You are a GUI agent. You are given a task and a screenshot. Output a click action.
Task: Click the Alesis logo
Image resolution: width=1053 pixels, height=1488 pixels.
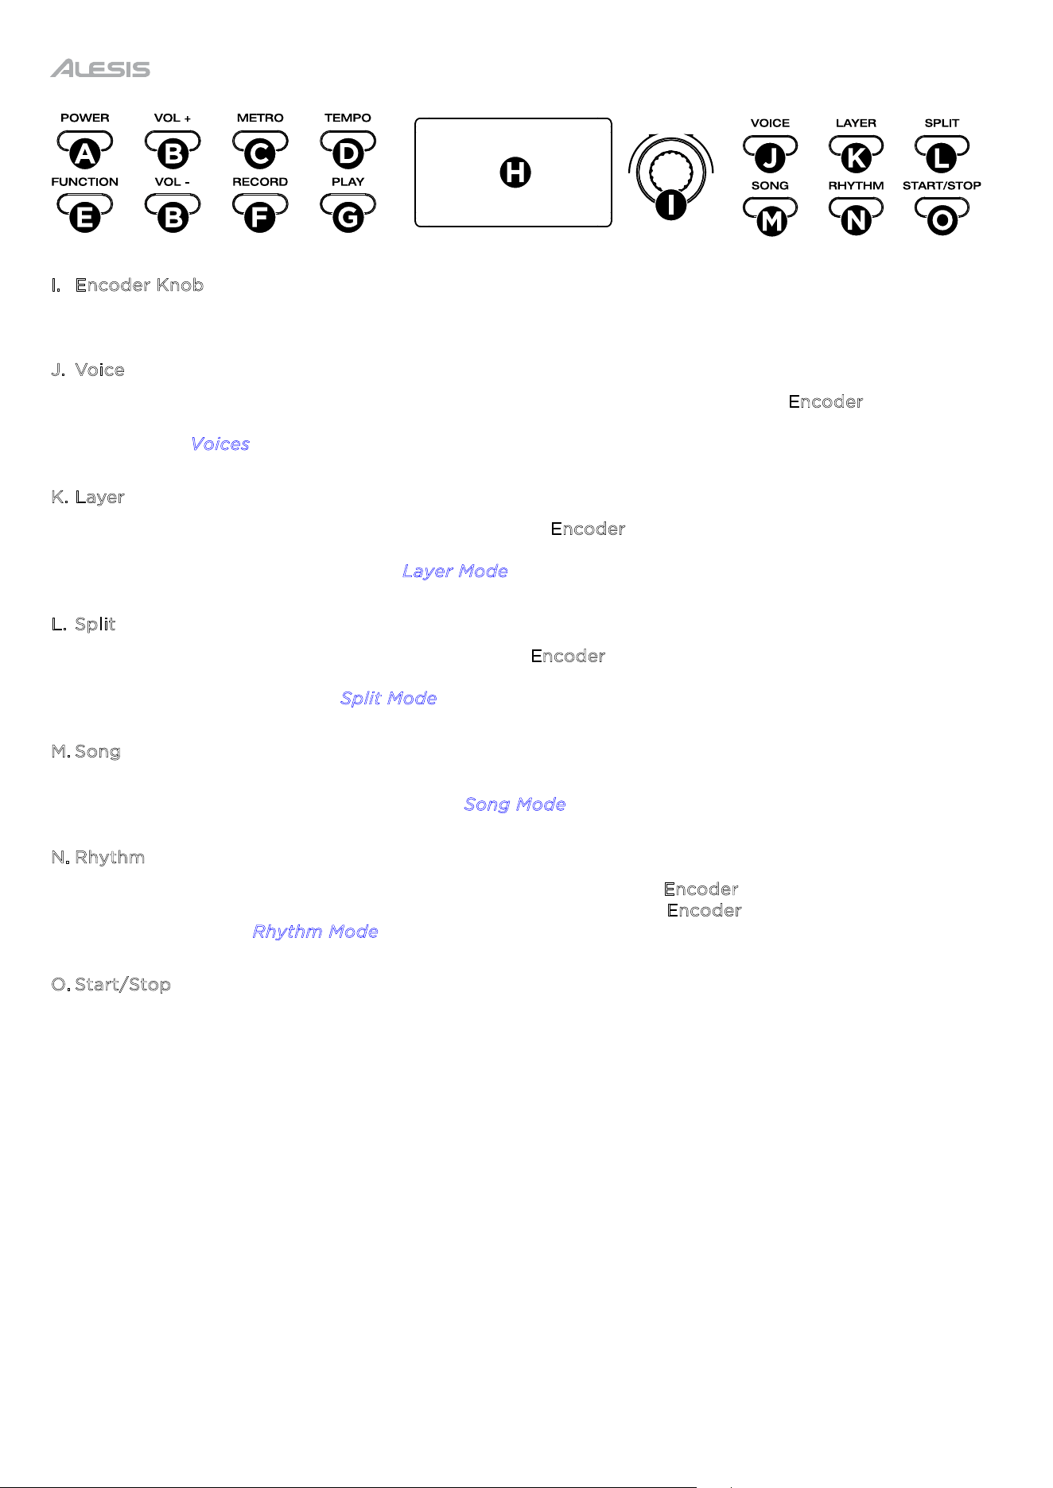[x=100, y=69]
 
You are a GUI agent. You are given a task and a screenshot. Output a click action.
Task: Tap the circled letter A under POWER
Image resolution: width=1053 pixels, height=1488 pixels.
[x=85, y=153]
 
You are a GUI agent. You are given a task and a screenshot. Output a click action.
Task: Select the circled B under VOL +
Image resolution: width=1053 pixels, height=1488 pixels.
[x=173, y=153]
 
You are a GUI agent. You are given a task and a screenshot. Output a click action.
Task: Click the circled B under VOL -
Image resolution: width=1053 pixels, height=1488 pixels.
[x=173, y=217]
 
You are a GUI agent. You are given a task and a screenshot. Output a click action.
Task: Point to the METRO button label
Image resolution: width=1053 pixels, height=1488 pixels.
[x=260, y=118]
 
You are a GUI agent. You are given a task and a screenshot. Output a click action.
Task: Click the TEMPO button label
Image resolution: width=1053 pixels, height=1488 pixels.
[x=348, y=118]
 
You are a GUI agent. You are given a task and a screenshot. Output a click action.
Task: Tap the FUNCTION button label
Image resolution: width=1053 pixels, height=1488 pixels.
[x=84, y=182]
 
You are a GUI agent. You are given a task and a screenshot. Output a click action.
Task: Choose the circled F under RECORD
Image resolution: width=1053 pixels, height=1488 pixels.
[x=260, y=217]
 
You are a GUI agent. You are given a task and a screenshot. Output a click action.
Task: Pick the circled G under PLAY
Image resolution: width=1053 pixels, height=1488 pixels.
[x=348, y=217]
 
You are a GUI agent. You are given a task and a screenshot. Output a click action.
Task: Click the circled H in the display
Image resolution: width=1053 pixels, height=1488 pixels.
[x=515, y=172]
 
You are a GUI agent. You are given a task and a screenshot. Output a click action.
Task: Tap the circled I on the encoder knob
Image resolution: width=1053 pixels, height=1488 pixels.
[x=671, y=204]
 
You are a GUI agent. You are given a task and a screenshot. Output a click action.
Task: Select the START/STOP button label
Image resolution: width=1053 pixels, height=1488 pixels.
[x=942, y=186]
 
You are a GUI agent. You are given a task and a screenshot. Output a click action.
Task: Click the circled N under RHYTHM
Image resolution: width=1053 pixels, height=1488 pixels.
[x=856, y=221]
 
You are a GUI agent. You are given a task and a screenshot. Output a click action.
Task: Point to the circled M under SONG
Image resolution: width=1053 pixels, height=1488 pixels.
[x=771, y=221]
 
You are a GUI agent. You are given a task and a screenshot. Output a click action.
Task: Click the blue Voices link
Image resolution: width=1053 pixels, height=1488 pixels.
[x=220, y=444]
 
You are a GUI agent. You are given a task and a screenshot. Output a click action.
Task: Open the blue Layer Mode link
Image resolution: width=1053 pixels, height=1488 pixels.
[x=455, y=572]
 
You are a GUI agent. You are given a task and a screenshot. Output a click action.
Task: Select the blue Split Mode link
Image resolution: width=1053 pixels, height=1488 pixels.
[x=388, y=699]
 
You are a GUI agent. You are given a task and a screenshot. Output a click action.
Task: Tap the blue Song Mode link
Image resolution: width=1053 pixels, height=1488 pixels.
[x=515, y=804]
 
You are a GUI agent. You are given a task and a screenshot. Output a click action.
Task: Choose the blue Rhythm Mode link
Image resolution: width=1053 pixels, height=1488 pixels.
[x=315, y=932]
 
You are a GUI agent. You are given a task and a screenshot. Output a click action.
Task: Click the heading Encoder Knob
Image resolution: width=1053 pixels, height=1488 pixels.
[x=139, y=285]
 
